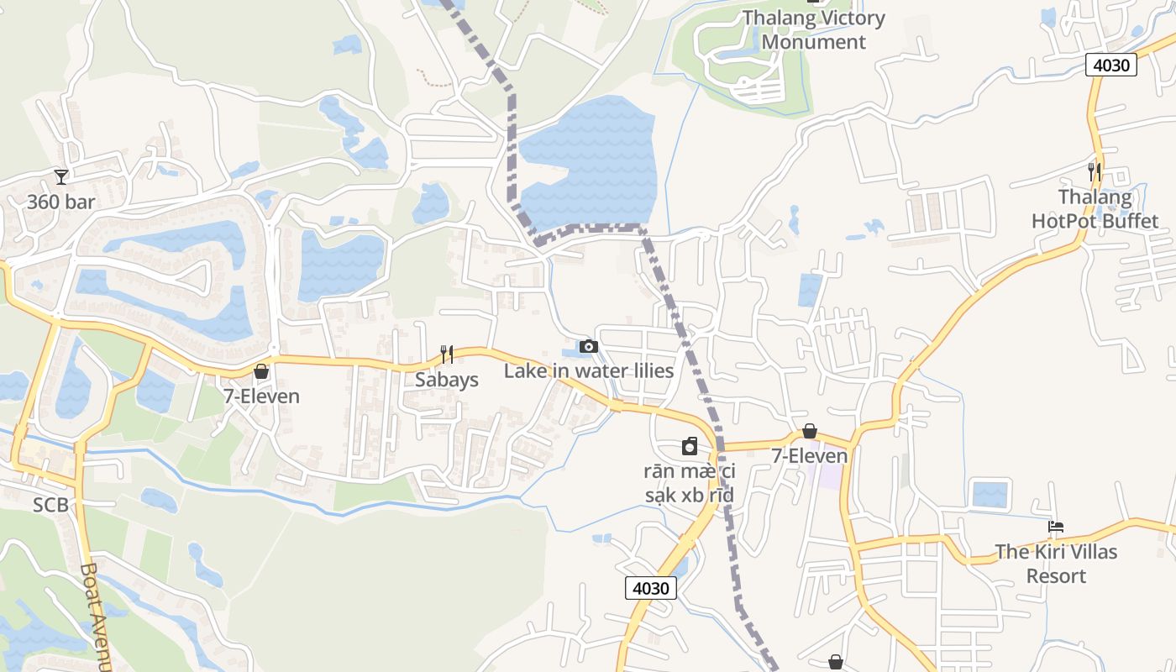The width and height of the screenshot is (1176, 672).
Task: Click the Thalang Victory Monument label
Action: pos(814,30)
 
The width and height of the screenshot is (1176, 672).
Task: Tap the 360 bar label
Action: pos(61,202)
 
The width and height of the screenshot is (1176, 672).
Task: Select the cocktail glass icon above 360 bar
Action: pos(61,176)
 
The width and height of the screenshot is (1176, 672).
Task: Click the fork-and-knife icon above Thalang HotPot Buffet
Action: pos(1094,171)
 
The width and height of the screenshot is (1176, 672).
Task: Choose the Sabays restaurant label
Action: pos(447,380)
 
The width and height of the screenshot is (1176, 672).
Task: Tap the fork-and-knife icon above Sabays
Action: pos(447,354)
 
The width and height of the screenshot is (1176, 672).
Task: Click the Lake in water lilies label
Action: pos(589,370)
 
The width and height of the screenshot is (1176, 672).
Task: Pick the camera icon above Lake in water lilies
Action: pos(589,346)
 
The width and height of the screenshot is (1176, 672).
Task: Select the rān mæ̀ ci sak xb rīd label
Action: pos(690,483)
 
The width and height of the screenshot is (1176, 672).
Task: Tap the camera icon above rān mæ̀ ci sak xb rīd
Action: pos(690,445)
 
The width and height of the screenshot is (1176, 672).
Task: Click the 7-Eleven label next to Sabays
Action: pos(261,396)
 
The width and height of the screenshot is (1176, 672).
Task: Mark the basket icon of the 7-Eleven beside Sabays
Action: pos(261,370)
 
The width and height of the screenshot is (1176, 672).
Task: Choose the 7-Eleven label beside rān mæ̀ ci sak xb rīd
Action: pos(810,456)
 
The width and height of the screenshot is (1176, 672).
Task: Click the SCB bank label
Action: pos(50,505)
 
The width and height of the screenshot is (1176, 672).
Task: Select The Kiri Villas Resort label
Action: pos(1057,564)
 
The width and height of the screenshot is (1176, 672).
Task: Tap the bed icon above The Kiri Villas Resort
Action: pos(1057,527)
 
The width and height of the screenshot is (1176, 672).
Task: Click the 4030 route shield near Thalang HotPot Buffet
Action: pos(1110,65)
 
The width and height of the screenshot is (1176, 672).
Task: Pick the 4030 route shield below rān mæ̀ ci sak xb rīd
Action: pos(651,587)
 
